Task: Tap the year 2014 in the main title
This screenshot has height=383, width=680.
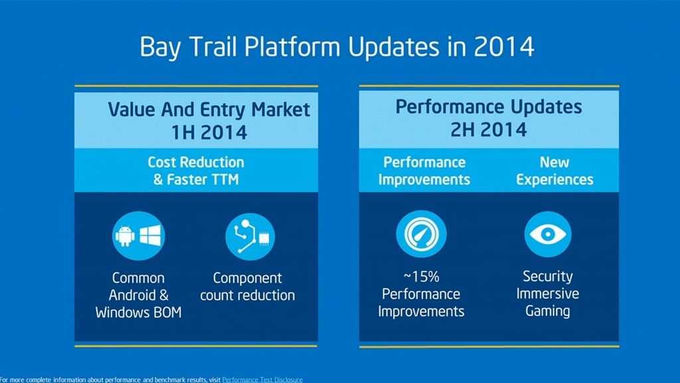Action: click(503, 46)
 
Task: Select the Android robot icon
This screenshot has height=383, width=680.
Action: click(125, 236)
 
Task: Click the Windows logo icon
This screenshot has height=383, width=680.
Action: click(150, 235)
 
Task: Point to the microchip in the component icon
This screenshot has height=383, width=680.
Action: click(264, 238)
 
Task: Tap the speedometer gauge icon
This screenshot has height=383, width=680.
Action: click(420, 234)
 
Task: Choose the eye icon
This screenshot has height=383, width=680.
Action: click(548, 234)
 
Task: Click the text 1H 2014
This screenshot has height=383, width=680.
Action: click(209, 132)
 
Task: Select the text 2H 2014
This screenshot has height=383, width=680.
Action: click(488, 129)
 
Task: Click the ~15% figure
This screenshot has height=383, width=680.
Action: click(421, 276)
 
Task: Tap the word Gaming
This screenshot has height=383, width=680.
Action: click(548, 311)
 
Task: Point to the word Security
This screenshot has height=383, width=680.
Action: click(548, 276)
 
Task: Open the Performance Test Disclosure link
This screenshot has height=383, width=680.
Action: click(262, 380)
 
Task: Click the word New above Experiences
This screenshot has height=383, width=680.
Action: click(554, 162)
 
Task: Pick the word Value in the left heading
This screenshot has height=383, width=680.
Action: click(132, 109)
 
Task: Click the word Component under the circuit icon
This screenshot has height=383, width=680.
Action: click(247, 278)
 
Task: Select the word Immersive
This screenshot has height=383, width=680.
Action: click(548, 294)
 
